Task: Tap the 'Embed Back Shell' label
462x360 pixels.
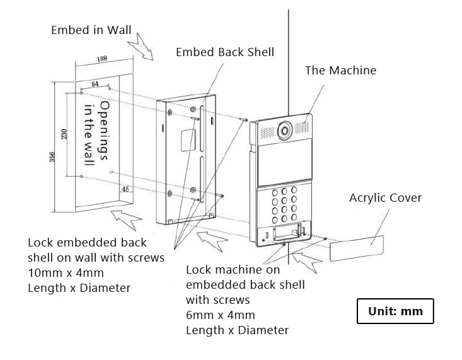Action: point(224,52)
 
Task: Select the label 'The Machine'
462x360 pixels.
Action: point(340,70)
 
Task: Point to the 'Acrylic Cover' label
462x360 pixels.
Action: point(385,198)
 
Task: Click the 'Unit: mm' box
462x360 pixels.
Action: point(395,311)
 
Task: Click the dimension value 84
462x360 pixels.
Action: point(95,83)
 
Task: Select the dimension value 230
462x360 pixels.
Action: point(64,134)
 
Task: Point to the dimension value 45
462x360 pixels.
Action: point(125,188)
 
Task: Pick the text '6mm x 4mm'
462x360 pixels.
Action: point(221,315)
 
